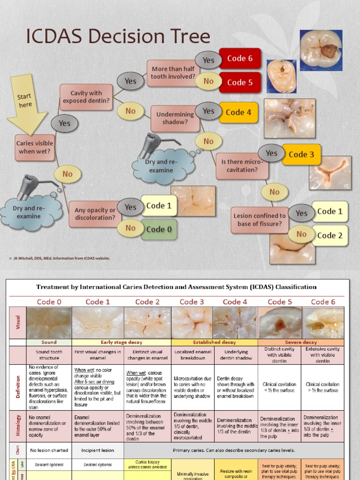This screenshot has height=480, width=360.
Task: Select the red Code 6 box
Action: click(x=240, y=59)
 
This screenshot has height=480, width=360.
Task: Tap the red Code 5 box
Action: click(x=240, y=82)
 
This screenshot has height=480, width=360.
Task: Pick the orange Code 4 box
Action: click(x=239, y=112)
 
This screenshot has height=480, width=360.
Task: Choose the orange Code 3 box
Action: click(x=301, y=155)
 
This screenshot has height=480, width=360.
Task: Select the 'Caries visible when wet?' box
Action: click(x=35, y=147)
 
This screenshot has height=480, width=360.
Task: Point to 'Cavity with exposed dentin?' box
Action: click(x=86, y=97)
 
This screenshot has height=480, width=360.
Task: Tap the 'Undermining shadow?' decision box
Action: click(x=175, y=118)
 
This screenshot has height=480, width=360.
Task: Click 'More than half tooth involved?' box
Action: click(x=173, y=73)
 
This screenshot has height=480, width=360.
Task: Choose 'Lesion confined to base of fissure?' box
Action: click(x=259, y=220)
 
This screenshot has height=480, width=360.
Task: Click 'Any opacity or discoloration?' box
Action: click(x=95, y=214)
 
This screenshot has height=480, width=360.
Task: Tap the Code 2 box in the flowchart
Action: click(x=330, y=235)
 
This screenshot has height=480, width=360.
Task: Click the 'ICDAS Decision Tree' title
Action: click(x=118, y=37)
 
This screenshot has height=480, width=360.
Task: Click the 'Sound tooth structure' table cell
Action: click(x=49, y=354)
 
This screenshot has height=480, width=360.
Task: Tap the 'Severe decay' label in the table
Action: click(x=300, y=342)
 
